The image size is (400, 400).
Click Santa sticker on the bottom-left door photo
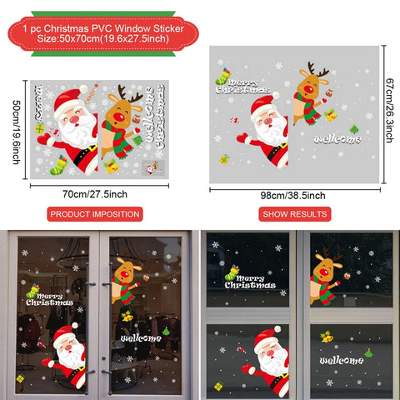click(67, 354)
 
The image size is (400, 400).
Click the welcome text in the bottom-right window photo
click(340, 360)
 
